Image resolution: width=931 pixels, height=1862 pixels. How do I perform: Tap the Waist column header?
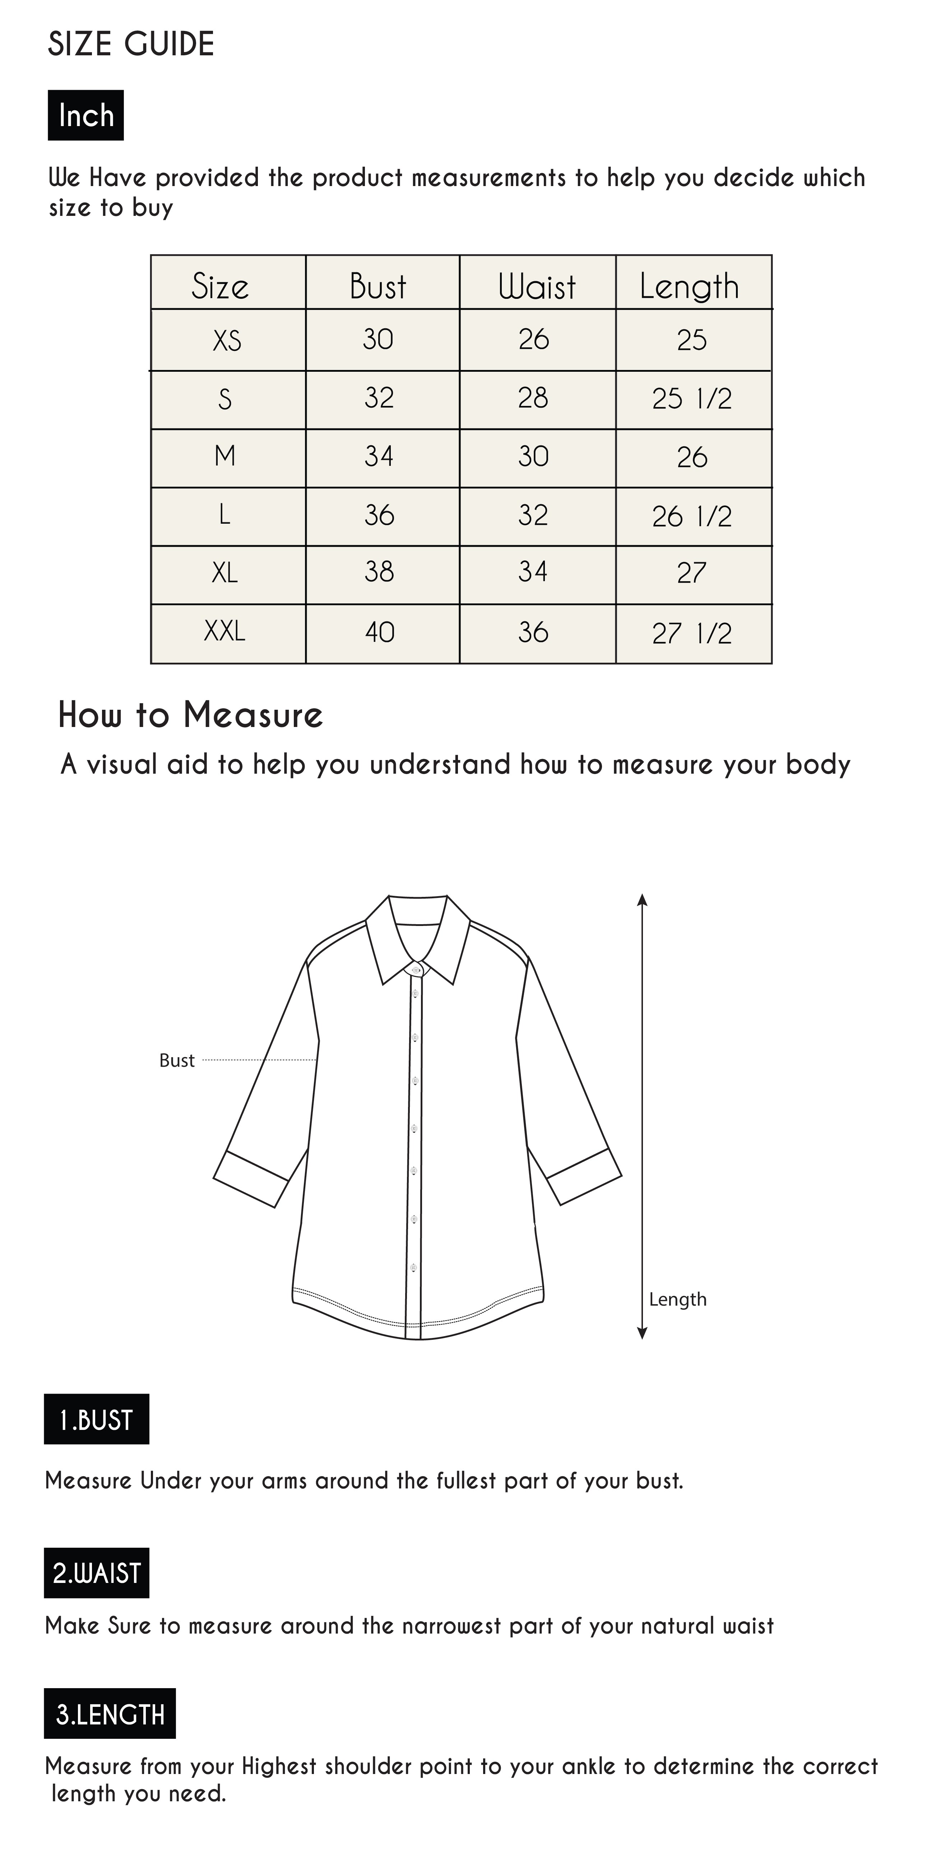coord(537,286)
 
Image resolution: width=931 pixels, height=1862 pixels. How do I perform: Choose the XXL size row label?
coord(225,632)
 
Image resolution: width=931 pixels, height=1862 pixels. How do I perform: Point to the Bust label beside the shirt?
coord(177,1060)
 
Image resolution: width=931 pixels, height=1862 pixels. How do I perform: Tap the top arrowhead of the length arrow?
coord(642,900)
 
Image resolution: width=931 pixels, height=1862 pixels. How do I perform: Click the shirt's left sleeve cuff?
coord(251,1178)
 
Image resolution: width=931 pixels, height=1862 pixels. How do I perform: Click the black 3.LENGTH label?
coord(110,1714)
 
